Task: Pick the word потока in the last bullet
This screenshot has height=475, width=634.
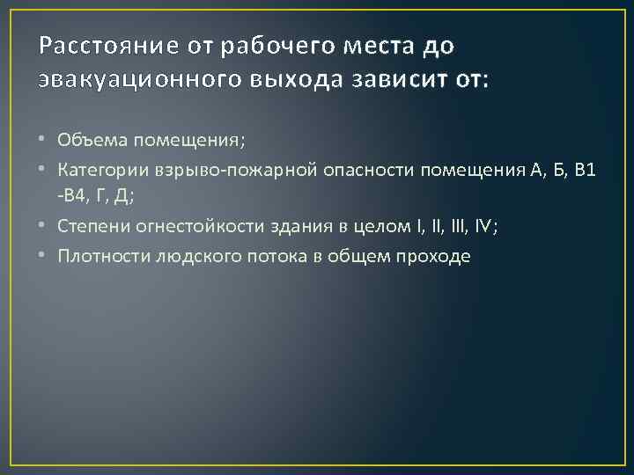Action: point(263,256)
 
